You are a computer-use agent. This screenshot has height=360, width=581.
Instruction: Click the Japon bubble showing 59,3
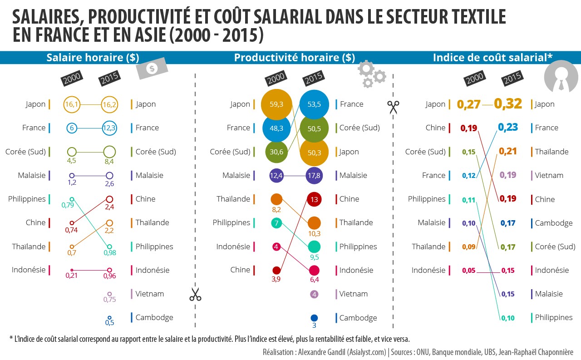pyautogui.click(x=276, y=104)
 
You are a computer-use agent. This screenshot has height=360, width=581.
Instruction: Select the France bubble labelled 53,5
pyautogui.click(x=314, y=104)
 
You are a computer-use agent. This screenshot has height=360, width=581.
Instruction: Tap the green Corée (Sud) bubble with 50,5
pyautogui.click(x=314, y=128)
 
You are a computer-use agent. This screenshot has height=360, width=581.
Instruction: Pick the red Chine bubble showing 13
pyautogui.click(x=314, y=199)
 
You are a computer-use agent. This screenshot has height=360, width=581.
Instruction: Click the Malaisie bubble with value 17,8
pyautogui.click(x=314, y=175)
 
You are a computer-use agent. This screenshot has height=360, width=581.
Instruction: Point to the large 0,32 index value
pyautogui.click(x=508, y=104)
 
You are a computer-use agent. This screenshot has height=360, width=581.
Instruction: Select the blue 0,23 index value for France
pyautogui.click(x=508, y=128)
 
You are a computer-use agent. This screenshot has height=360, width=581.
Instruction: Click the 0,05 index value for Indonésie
pyautogui.click(x=469, y=271)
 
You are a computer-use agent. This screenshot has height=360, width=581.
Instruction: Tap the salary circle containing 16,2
pyautogui.click(x=109, y=104)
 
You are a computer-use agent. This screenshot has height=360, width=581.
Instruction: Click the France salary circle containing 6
pyautogui.click(x=72, y=128)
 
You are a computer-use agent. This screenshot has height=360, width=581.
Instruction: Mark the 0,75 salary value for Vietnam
pyautogui.click(x=109, y=300)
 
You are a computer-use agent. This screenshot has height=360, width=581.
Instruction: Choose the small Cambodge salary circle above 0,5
pyautogui.click(x=109, y=318)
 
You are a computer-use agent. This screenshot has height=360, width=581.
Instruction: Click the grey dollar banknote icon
pyautogui.click(x=152, y=69)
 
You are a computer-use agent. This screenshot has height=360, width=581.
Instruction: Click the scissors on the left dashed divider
pyautogui.click(x=195, y=295)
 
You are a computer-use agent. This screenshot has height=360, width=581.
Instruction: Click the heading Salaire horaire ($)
pyautogui.click(x=93, y=58)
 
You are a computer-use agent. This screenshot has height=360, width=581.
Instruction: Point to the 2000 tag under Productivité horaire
pyautogui.click(x=276, y=79)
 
